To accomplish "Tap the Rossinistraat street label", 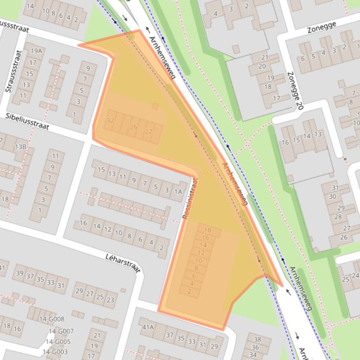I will pyautogui.click(x=190, y=199).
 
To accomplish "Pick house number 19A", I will pyautogui.click(x=36, y=51).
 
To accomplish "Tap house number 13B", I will pyautogui.click(x=21, y=147).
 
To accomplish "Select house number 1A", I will pyautogui.click(x=178, y=191).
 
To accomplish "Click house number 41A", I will pyautogui.click(x=148, y=327).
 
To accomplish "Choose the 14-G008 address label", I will pyautogui.click(x=51, y=319).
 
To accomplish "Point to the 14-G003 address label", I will pyautogui.click(x=55, y=352).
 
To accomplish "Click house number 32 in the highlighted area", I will pyautogui.click(x=110, y=120).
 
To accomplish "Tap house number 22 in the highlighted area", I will pyautogui.click(x=149, y=131).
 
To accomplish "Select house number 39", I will pyautogui.click(x=20, y=274).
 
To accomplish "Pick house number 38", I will pyautogui.click(x=257, y=339).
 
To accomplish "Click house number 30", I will pyautogui.click(x=333, y=196).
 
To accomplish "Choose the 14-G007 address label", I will pyautogui.click(x=62, y=331).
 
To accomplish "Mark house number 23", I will pyautogui.click(x=111, y=300).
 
